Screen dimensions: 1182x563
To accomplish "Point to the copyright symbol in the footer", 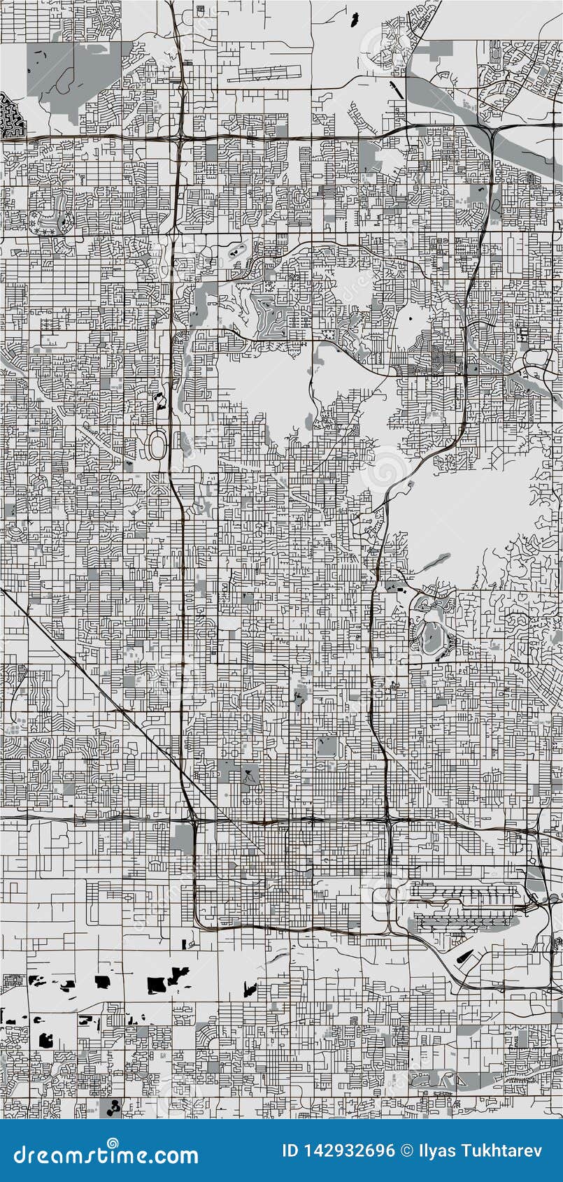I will pos(406,1151).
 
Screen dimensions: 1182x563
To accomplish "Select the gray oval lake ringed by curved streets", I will pos(429,635).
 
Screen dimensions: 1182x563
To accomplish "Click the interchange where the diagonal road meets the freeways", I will pos(192,818).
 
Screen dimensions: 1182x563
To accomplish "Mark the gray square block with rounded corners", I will pos(326,746).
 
